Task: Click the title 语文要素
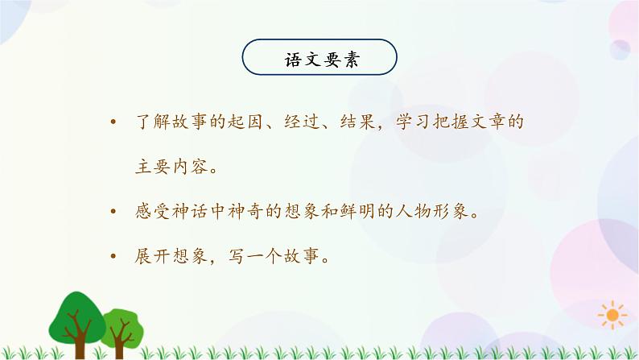[x=319, y=59]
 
